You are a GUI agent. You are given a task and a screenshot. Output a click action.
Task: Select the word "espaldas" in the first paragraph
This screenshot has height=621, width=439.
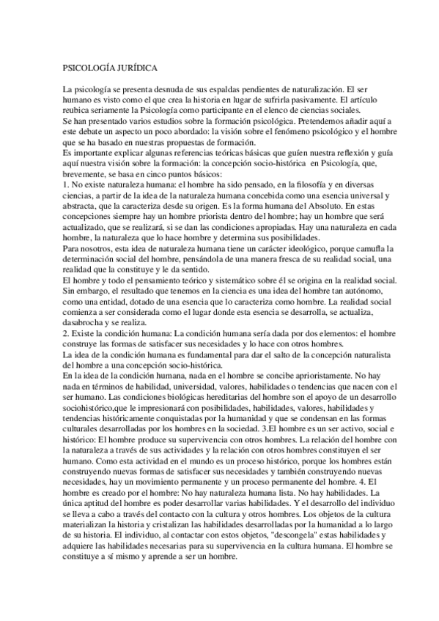[x=206, y=89]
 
